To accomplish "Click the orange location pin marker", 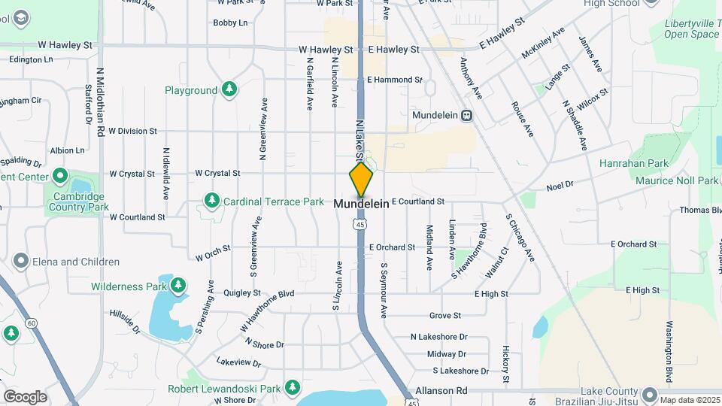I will point(361,180).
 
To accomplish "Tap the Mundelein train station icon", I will point(467,116).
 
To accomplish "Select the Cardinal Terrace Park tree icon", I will point(212,201).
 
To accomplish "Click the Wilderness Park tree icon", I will point(178,286).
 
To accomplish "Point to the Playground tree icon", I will point(229,90).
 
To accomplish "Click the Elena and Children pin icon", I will point(20,262).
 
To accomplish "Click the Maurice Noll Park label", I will point(676,180).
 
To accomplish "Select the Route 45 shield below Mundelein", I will point(361,223).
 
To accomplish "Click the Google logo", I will point(25,397).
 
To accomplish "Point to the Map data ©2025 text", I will point(689,400).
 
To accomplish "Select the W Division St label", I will point(132,131).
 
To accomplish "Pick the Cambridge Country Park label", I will point(76,201).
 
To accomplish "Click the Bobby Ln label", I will point(230,23).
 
